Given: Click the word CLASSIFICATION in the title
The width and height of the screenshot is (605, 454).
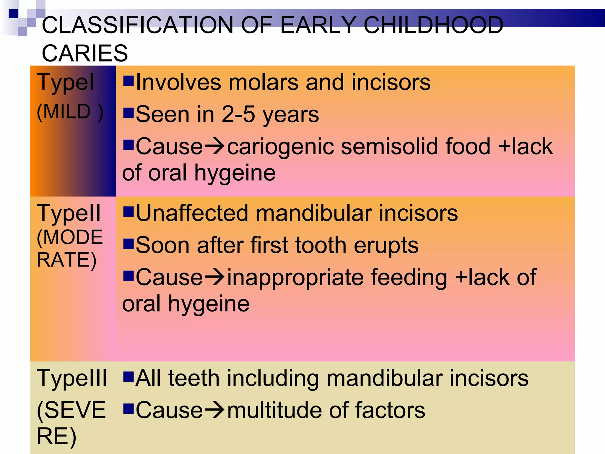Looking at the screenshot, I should pyautogui.click(x=138, y=25).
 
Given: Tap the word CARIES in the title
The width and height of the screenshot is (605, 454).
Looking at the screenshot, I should pyautogui.click(x=85, y=53).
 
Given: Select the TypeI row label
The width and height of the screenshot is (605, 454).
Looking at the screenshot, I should pyautogui.click(x=65, y=82).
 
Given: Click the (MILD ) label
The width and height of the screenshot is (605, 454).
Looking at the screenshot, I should pyautogui.click(x=70, y=112).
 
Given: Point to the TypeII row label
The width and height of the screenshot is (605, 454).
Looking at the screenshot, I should pyautogui.click(x=69, y=213).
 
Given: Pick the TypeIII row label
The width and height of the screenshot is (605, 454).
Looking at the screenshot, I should pyautogui.click(x=72, y=378).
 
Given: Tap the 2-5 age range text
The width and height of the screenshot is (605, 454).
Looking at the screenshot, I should pyautogui.click(x=238, y=114).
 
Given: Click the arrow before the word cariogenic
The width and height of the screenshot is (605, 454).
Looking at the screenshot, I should pyautogui.click(x=215, y=146).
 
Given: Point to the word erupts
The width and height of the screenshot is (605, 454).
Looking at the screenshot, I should pyautogui.click(x=386, y=245).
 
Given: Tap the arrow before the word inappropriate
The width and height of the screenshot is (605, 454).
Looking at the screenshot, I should pyautogui.click(x=215, y=277).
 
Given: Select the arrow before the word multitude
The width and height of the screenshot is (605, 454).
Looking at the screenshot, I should pyautogui.click(x=215, y=410).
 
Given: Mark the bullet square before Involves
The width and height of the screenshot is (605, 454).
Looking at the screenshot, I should pyautogui.click(x=129, y=80).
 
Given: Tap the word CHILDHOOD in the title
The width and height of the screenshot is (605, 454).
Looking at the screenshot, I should pyautogui.click(x=433, y=25).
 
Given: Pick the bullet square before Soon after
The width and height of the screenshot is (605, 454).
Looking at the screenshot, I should pyautogui.click(x=129, y=244).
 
